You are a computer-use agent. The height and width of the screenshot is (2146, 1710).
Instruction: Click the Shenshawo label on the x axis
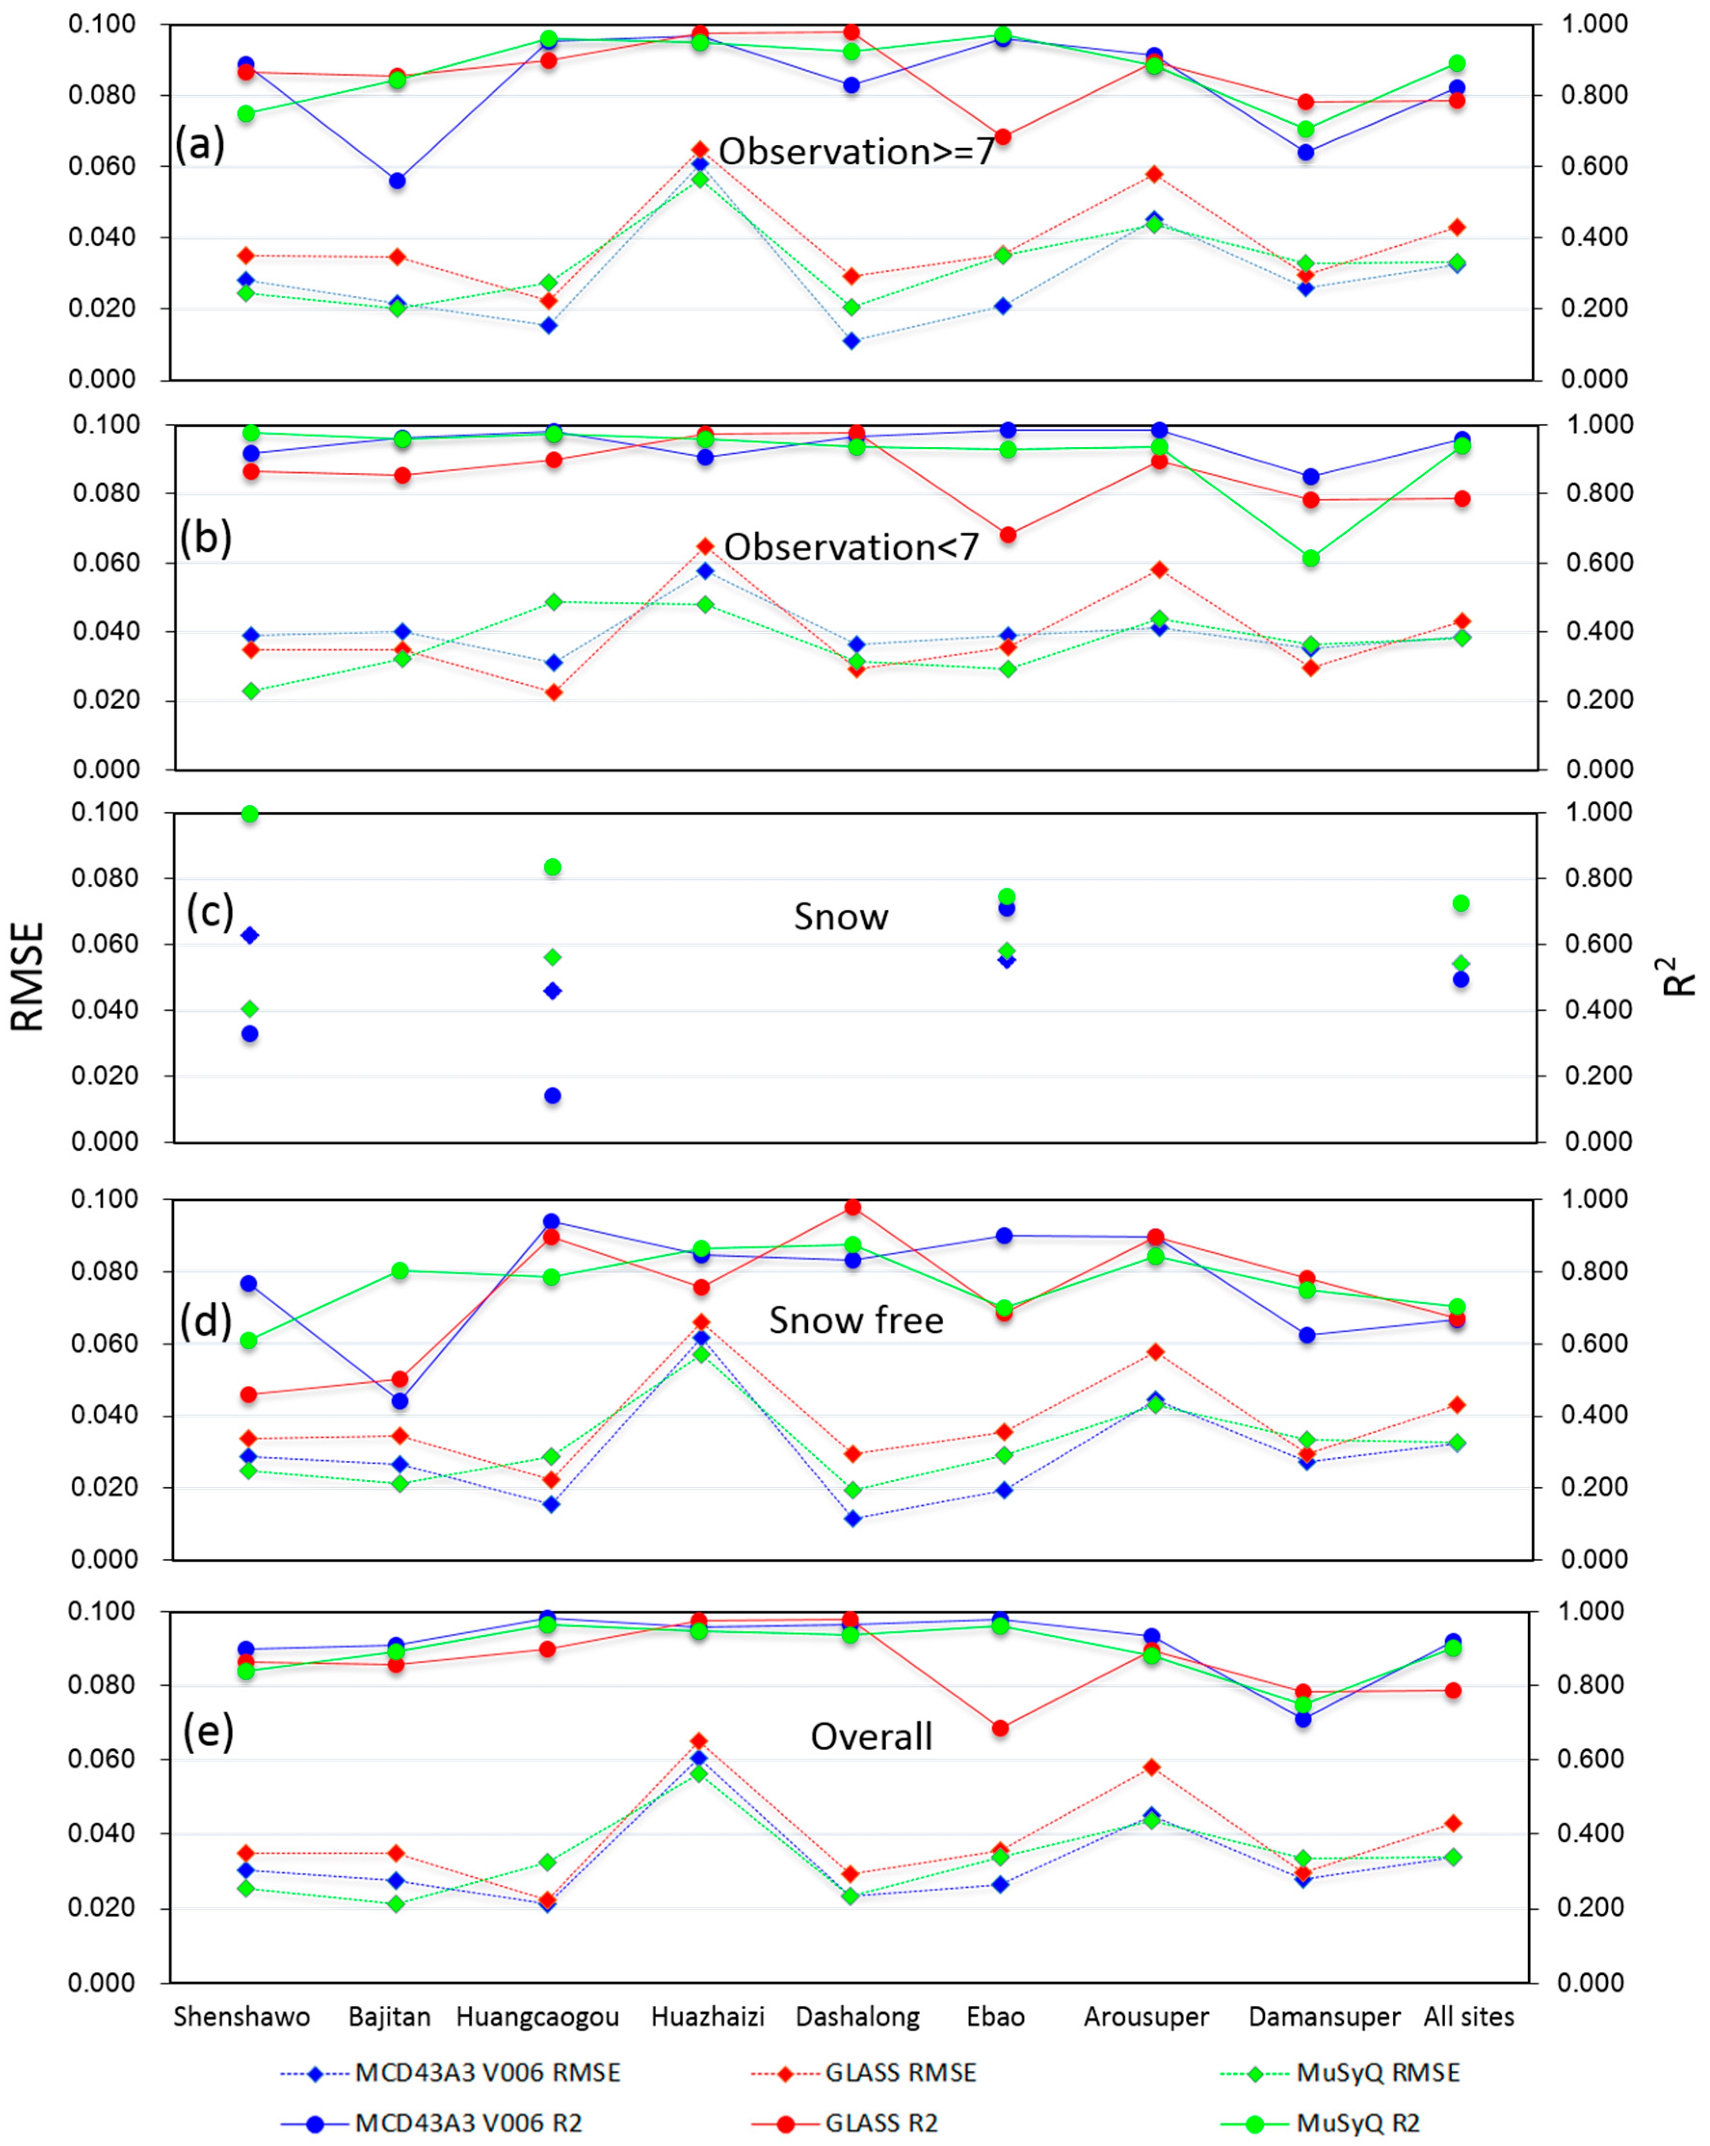point(242,2016)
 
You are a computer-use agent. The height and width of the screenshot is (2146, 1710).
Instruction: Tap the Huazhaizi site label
point(708,2016)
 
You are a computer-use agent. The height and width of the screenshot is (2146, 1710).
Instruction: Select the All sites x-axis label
point(1468,2016)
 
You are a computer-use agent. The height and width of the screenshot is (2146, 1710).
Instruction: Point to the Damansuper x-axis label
point(1324,2016)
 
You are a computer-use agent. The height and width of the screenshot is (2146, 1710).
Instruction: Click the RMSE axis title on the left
point(28,976)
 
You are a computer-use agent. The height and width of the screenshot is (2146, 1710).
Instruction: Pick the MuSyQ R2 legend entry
point(1358,2123)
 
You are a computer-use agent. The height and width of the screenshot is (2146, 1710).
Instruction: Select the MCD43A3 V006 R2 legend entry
point(468,2123)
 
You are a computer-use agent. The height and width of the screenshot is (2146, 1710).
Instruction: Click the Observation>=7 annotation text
point(856,151)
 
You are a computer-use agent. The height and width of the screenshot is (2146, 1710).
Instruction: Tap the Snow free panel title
point(856,1320)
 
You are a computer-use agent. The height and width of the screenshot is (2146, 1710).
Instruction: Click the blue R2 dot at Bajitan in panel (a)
point(397,180)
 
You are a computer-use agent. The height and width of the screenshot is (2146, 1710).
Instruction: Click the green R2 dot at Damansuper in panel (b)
point(1310,558)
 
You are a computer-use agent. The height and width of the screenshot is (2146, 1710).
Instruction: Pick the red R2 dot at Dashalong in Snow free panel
point(852,1207)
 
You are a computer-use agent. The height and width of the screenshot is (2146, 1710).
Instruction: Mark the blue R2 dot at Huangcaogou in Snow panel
point(552,1096)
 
